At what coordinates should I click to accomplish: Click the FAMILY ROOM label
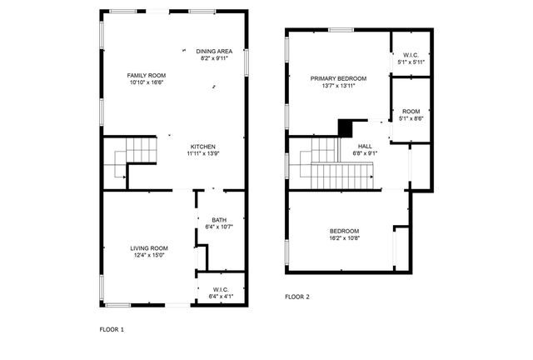click(146, 75)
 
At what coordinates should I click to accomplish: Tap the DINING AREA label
click(214, 51)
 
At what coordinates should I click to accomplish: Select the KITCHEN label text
click(203, 146)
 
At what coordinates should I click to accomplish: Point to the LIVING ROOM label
click(149, 247)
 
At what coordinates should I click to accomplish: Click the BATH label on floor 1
click(219, 219)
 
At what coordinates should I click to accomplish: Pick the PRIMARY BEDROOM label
click(339, 78)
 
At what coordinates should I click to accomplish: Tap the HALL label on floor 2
click(366, 146)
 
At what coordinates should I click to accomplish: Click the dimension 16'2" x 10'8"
click(344, 238)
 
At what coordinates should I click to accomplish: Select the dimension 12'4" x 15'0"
click(149, 255)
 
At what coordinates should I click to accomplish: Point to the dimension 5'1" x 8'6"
click(411, 118)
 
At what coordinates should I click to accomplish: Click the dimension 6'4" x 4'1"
click(220, 296)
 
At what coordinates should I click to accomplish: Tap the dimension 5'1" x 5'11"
click(411, 62)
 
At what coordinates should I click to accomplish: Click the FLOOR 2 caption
click(296, 297)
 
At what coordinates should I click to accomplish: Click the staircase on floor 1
click(133, 159)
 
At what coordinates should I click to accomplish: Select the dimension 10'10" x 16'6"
click(146, 82)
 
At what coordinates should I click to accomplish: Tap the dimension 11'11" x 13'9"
click(203, 153)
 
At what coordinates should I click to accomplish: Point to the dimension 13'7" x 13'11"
click(339, 86)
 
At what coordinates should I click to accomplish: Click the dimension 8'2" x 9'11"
click(214, 58)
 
